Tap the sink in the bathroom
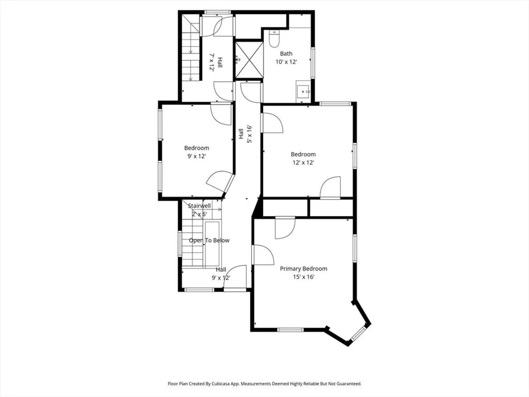(303, 92)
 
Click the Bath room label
(286, 54)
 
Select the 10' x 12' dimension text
(286, 62)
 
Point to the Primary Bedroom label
(303, 269)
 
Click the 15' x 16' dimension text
(304, 277)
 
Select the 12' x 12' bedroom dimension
(303, 163)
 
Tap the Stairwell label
(199, 206)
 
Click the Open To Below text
(209, 240)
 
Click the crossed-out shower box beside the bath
(249, 60)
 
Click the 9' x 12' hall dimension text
(221, 278)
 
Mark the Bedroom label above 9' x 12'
(197, 148)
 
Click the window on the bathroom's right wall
(313, 62)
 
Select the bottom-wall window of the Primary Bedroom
(291, 330)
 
